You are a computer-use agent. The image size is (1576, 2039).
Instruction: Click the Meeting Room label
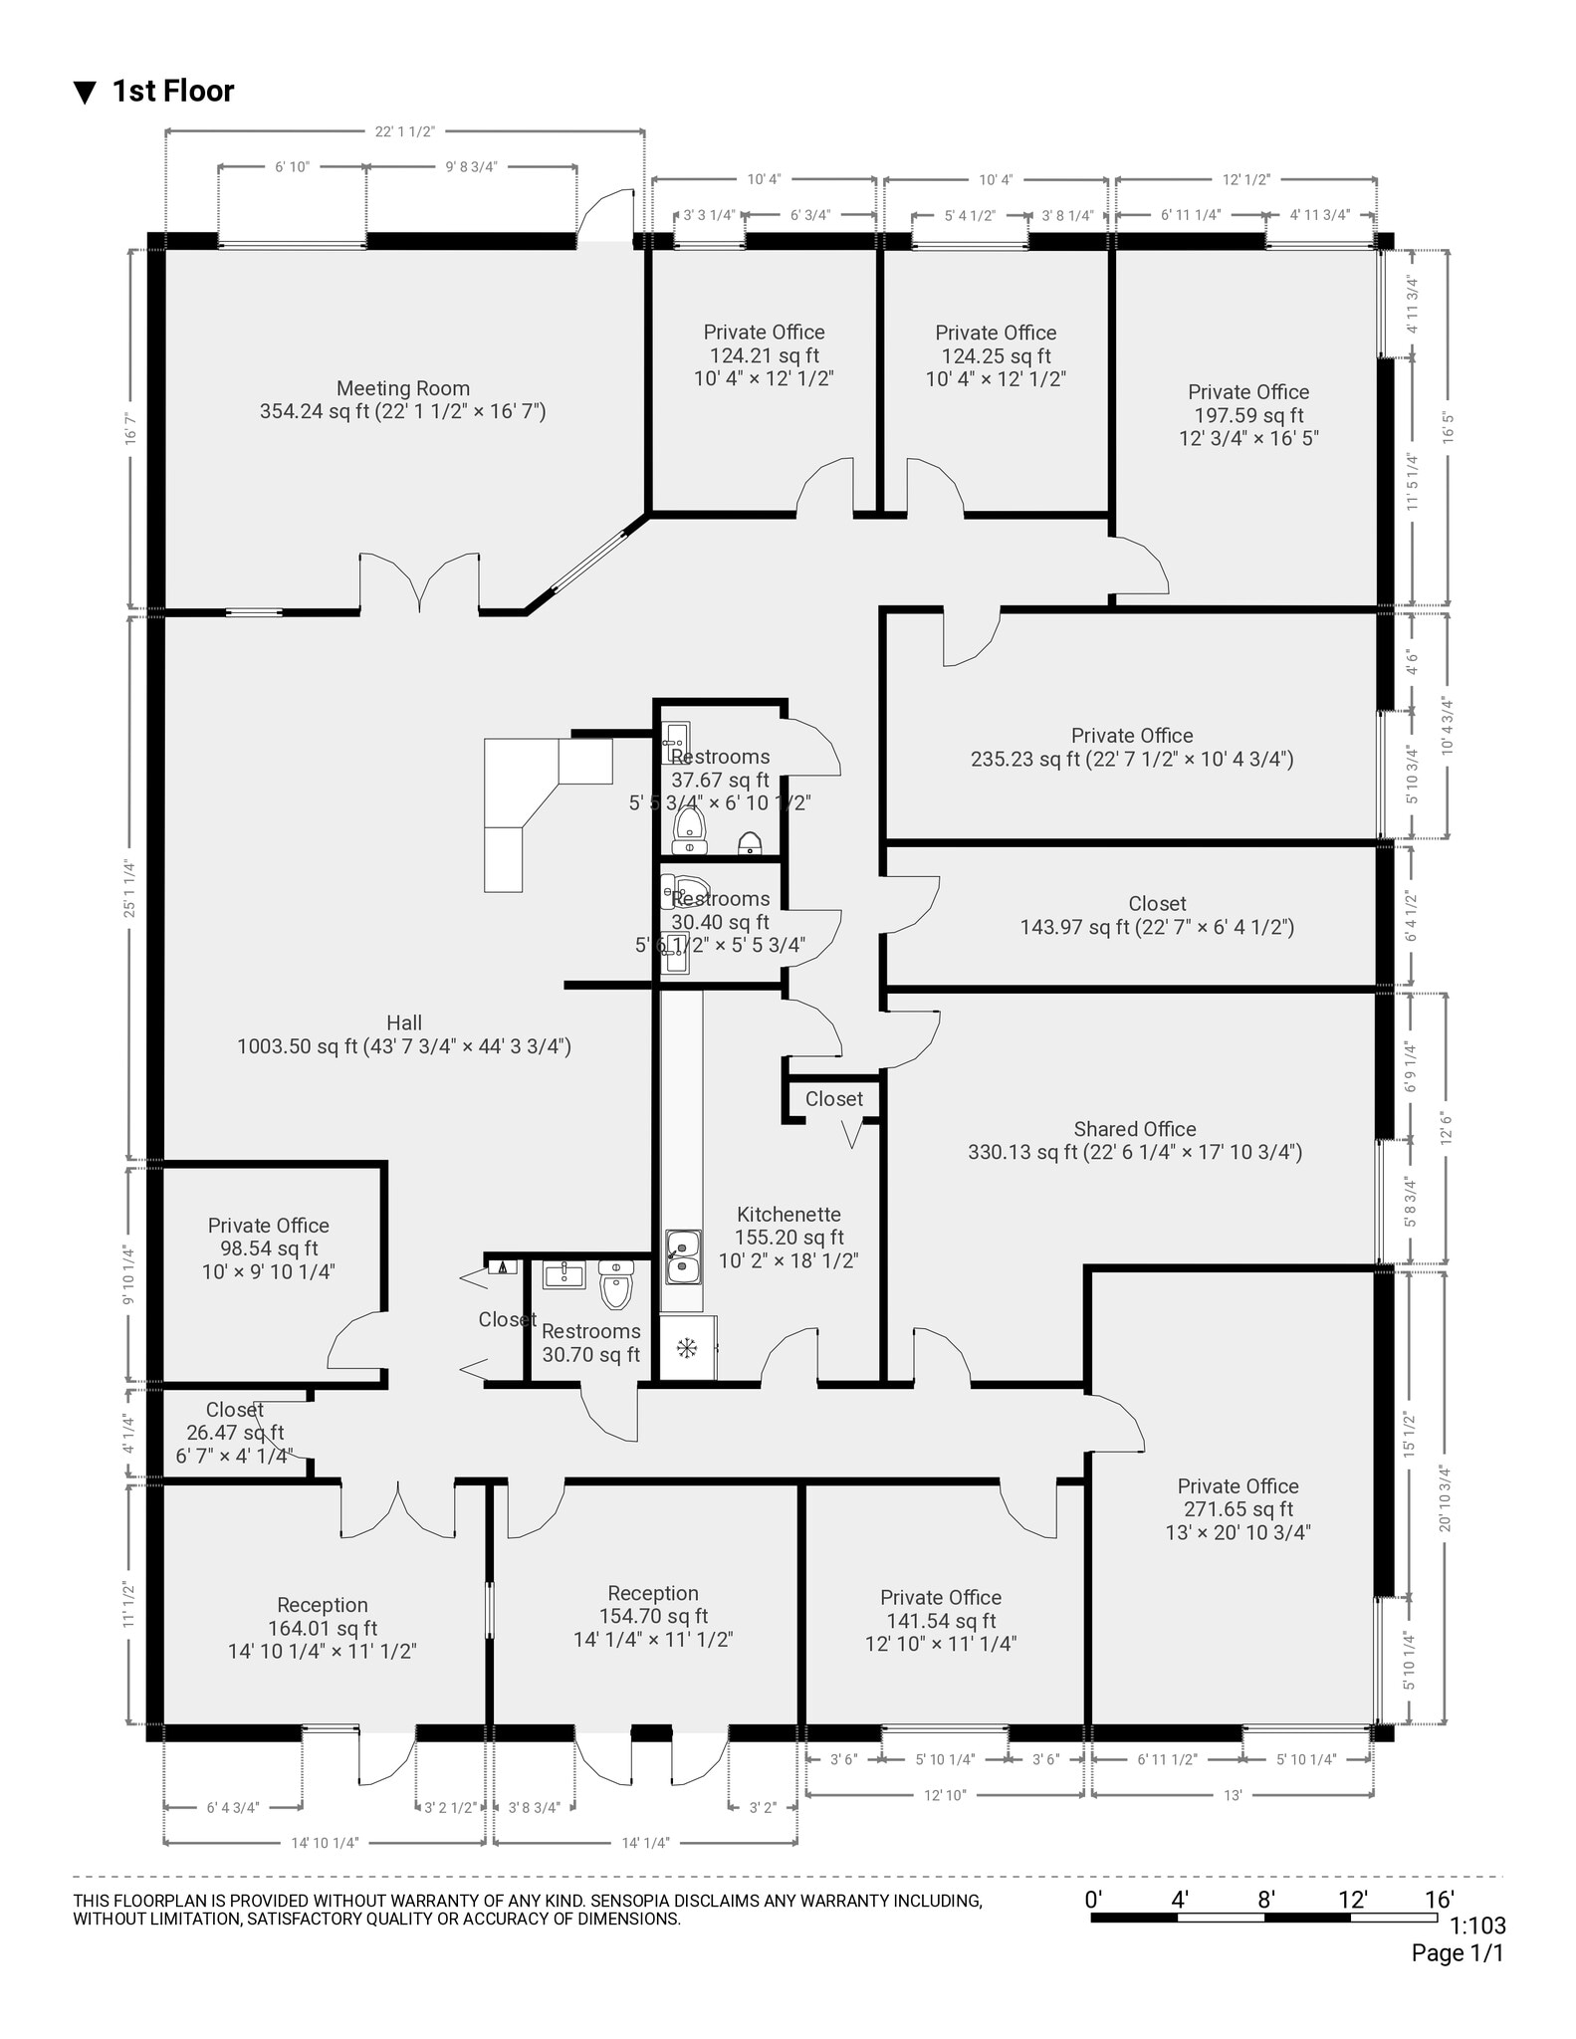click(x=402, y=399)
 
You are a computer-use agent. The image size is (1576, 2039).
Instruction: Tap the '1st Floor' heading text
click(x=172, y=92)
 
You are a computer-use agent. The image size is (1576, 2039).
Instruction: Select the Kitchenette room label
click(x=788, y=1237)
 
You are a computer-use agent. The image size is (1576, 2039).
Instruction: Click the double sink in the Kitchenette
click(x=682, y=1256)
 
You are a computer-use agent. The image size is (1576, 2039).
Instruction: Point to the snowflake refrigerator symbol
click(x=687, y=1348)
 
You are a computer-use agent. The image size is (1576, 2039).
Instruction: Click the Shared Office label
click(x=1134, y=1140)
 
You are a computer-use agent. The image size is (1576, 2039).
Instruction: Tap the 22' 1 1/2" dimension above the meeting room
click(x=404, y=132)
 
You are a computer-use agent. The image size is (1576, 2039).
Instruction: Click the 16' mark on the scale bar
click(x=1439, y=1899)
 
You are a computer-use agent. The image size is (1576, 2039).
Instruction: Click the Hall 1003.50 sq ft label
click(x=403, y=1034)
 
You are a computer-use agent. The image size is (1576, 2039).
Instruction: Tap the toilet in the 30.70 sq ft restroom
click(x=616, y=1286)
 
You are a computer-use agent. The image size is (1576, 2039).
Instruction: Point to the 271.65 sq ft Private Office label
click(x=1238, y=1508)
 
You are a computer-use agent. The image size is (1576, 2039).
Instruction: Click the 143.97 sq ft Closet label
click(x=1156, y=915)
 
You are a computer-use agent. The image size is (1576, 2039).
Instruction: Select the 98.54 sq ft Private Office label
click(x=268, y=1247)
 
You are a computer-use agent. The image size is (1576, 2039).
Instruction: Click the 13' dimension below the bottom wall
click(x=1233, y=1795)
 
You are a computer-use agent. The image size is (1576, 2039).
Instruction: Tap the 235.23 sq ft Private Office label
click(x=1132, y=747)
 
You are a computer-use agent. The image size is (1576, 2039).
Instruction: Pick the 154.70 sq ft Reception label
click(x=653, y=1616)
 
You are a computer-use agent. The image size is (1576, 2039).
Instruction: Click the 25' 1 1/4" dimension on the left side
click(x=129, y=888)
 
